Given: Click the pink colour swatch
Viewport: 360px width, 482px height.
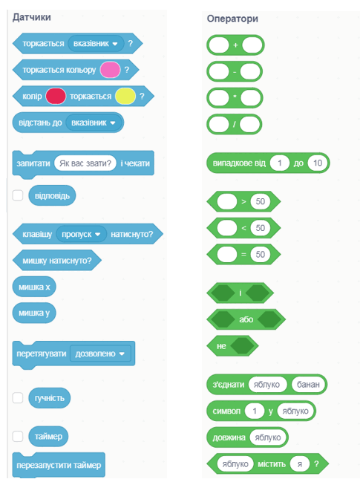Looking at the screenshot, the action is [111, 70].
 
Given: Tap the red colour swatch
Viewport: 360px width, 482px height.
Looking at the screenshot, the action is [56, 97].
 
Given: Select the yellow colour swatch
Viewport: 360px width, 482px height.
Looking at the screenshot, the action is [125, 97].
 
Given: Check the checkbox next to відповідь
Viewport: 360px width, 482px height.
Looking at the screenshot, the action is [18, 195].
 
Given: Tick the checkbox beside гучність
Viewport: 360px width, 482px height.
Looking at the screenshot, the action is [18, 398].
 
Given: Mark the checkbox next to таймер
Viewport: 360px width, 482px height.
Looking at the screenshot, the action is [18, 436].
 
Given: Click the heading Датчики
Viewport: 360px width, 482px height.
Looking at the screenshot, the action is [32, 17].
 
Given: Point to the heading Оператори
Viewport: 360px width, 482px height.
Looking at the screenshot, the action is [232, 19].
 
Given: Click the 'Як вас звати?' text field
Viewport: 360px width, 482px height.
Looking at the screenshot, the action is [85, 163].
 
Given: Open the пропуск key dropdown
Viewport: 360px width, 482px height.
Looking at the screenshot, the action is [81, 234].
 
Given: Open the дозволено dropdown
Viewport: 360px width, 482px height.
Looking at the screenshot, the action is [100, 354].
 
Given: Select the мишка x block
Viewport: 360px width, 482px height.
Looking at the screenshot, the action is [34, 287].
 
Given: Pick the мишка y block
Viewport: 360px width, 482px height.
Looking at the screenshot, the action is [34, 313].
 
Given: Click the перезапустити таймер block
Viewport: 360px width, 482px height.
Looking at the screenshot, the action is [59, 465].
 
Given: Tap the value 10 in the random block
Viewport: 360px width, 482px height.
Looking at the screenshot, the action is [318, 163].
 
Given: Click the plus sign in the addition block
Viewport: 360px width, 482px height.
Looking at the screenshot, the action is [235, 45].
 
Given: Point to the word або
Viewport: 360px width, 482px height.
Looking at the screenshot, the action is [246, 319].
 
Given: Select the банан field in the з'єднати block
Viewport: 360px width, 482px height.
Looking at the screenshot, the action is [308, 385].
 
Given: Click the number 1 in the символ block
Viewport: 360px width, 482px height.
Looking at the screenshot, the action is [255, 411].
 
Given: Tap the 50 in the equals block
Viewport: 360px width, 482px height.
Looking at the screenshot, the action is [261, 254].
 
